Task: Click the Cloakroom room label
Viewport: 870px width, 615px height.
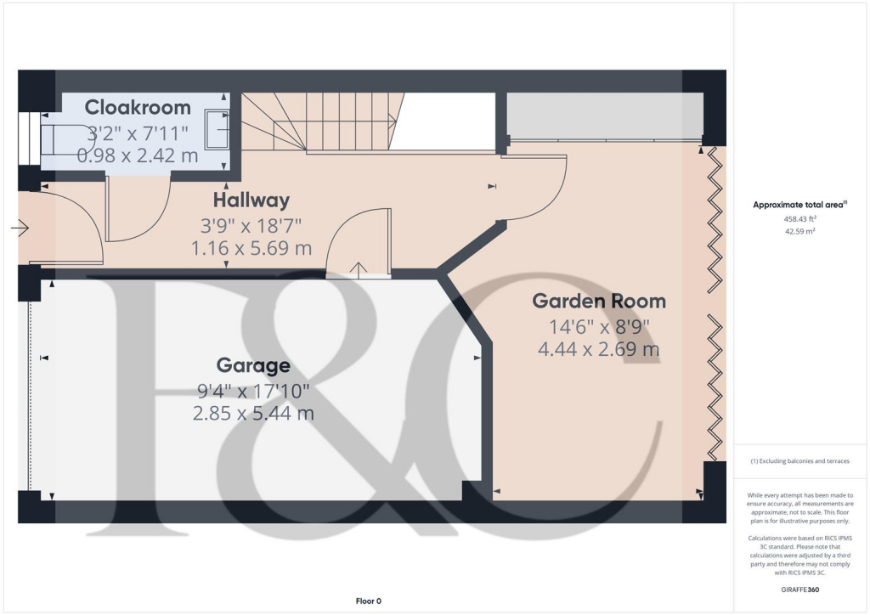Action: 138,108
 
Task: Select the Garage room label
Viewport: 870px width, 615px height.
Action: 253,366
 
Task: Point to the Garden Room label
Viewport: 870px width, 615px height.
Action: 599,301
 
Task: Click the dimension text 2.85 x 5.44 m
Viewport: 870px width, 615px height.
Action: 253,414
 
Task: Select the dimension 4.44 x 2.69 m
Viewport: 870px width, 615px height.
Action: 599,348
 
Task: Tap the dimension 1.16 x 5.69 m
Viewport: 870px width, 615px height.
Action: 252,249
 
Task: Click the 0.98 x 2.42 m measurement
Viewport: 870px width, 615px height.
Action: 138,156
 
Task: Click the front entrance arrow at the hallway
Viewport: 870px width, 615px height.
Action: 20,228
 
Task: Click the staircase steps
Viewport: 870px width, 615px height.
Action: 323,123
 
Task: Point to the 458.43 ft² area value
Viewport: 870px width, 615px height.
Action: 800,219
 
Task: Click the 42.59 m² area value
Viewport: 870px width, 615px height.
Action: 800,231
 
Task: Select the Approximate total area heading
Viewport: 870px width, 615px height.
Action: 801,205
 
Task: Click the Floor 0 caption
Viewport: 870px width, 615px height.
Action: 368,601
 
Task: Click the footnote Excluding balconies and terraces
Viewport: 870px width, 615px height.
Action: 801,461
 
